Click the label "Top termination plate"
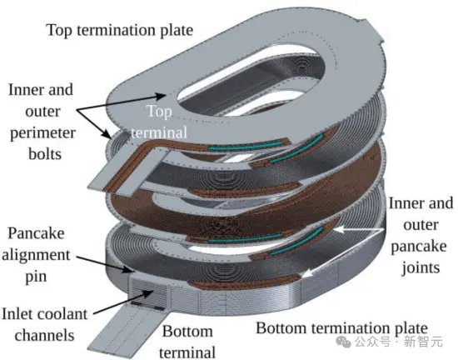tap(120, 30)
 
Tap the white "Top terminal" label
tap(159, 122)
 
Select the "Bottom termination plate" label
tap(341, 328)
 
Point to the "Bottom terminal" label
tap(187, 342)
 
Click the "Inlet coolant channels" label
tap(44, 325)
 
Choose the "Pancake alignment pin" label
tap(36, 255)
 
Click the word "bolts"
tap(45, 154)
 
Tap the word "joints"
tap(421, 268)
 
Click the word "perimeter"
tap(43, 133)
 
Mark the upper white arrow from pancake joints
tap(359, 230)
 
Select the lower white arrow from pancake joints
tap(342, 252)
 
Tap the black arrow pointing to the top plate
tap(121, 102)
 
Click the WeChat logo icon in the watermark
tap(343, 342)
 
